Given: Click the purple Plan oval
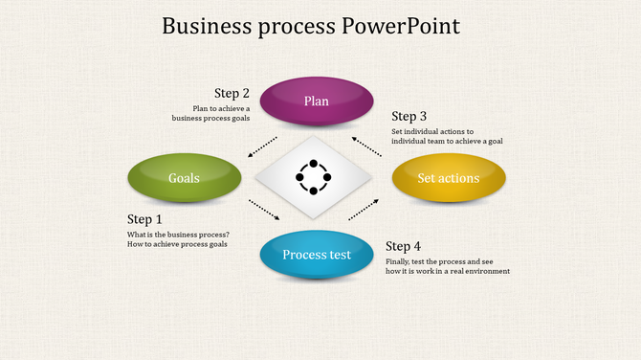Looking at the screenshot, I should (x=317, y=101).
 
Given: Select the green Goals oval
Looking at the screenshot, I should (x=185, y=178).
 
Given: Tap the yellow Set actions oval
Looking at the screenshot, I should (x=449, y=178).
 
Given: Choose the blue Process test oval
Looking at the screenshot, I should (x=317, y=255).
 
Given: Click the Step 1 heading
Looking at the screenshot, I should (x=145, y=219).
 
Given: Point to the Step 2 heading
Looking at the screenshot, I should (x=232, y=93).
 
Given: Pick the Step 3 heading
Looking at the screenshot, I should (x=409, y=117).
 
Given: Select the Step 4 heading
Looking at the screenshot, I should (x=403, y=246).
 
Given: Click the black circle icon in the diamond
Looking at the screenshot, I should (x=313, y=177).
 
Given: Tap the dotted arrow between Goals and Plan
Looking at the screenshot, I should (x=263, y=146).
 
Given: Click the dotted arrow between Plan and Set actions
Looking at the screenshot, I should (x=368, y=145).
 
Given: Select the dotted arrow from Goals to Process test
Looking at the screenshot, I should (x=264, y=209).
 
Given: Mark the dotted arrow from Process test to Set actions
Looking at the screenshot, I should (x=364, y=209).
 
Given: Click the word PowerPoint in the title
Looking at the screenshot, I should (x=401, y=26).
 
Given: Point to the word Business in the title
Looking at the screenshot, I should (x=203, y=26).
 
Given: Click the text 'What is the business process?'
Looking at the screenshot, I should (x=178, y=235).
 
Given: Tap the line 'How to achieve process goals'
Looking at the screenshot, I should (x=177, y=245).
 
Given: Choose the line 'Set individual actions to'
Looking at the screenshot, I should (x=432, y=131).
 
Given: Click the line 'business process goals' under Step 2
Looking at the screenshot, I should (x=210, y=119).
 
